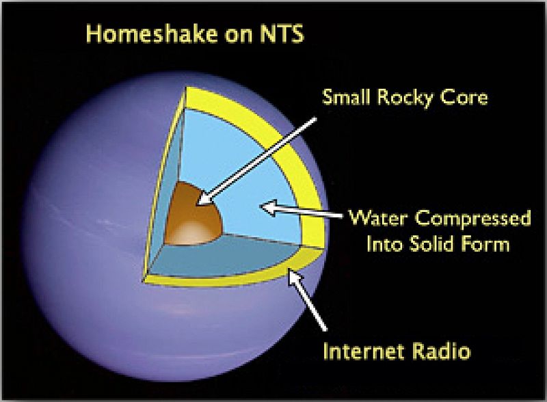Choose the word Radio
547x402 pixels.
click(x=444, y=352)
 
